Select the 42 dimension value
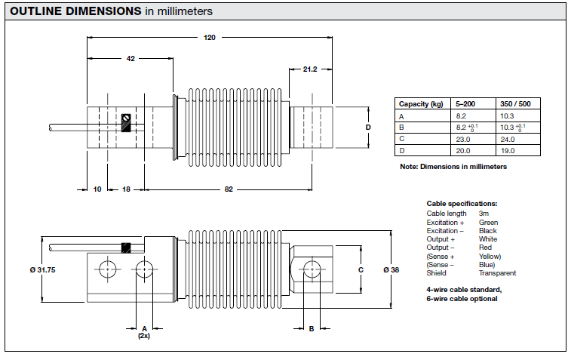point(130,58)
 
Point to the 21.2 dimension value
point(309,69)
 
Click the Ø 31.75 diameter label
point(44,269)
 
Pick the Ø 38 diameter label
point(391,269)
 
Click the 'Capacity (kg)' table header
point(421,104)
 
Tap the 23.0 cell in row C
point(463,139)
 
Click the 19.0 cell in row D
point(507,150)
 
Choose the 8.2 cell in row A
point(461,116)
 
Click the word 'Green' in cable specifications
point(488,223)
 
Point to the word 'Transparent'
point(498,273)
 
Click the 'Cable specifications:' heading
point(462,204)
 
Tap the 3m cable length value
point(484,214)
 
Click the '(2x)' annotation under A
point(144,336)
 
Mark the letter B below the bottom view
point(311,329)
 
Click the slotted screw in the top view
point(127,118)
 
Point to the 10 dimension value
point(97,189)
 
